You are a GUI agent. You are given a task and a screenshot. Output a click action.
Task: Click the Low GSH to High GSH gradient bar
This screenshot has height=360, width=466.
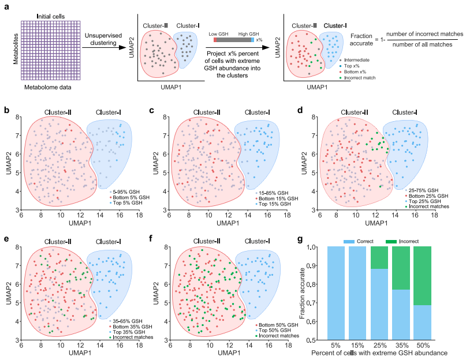point(233,39)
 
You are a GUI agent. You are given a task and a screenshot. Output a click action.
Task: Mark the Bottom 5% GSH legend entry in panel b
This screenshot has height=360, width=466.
point(128,197)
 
